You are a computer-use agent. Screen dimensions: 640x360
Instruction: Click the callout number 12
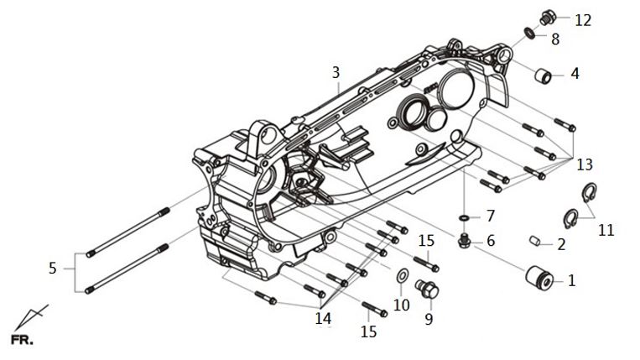point(583,20)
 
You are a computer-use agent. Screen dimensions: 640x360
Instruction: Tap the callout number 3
point(336,73)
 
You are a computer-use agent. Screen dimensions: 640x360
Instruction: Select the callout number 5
point(52,269)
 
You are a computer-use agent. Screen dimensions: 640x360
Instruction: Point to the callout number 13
point(585,164)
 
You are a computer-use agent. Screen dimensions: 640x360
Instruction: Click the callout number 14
point(323,318)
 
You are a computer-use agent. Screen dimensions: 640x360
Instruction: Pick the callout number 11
point(606,230)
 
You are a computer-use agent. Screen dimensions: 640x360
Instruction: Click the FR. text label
point(22,340)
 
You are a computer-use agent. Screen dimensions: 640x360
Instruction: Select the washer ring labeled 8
point(529,33)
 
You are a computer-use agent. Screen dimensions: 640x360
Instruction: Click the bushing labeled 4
point(544,76)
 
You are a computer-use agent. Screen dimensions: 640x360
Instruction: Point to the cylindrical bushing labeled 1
point(539,278)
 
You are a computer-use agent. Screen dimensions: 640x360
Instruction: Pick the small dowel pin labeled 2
point(535,241)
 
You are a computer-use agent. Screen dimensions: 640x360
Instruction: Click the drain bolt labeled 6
point(464,241)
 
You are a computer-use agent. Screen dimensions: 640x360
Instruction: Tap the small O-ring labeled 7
point(464,218)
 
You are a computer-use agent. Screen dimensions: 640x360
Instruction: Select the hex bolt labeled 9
point(427,289)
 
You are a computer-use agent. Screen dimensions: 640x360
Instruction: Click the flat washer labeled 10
point(402,276)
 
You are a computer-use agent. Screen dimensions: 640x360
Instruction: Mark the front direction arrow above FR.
point(31,317)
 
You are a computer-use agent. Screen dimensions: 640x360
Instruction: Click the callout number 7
point(491,216)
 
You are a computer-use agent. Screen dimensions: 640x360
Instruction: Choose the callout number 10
point(401,305)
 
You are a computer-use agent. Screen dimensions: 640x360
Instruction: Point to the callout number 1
point(571,280)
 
